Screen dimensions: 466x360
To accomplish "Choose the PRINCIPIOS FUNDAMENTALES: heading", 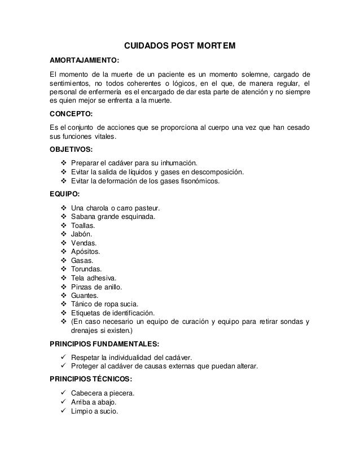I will [104, 344].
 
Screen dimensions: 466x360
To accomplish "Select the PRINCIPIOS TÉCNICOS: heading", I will [93, 380].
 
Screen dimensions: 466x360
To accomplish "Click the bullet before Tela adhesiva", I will [63, 278].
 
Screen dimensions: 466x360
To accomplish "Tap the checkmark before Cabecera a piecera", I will [63, 393].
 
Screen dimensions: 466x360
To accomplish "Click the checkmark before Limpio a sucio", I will [63, 411].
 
